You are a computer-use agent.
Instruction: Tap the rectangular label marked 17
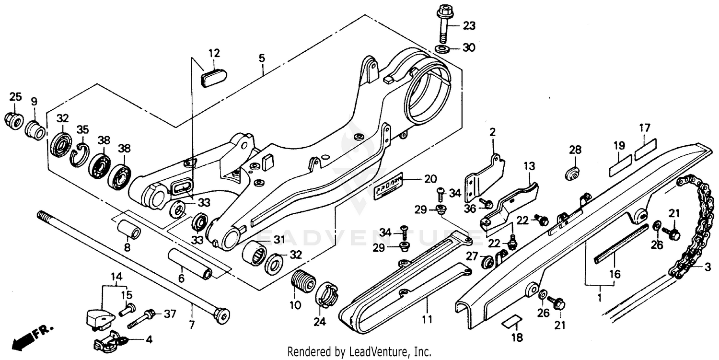point(645,148)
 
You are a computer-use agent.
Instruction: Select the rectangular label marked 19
point(619,162)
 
